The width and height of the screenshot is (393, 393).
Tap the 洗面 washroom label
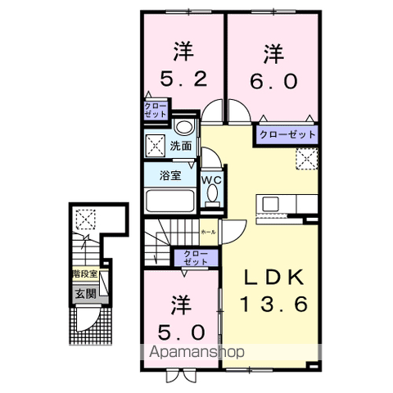tap(182, 147)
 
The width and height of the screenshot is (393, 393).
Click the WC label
tap(213, 178)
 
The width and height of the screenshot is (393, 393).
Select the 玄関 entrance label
tap(84, 291)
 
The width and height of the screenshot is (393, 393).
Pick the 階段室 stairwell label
tap(84, 275)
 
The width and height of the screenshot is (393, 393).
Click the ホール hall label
tap(208, 232)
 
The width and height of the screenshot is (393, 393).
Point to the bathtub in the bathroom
tap(169, 202)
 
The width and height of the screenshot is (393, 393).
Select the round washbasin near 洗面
tap(184, 128)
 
